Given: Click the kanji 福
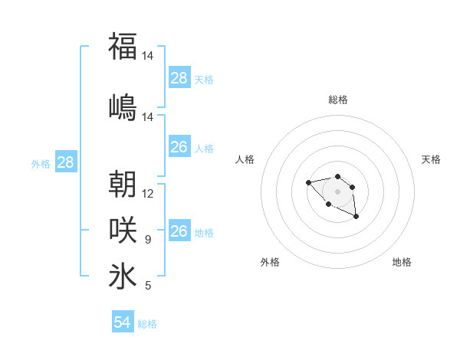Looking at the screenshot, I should (123, 46).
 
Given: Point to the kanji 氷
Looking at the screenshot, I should (123, 276).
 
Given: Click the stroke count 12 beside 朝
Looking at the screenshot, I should (148, 194).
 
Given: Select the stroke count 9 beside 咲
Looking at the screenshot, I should (148, 240).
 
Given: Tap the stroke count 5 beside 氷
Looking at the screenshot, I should (148, 286).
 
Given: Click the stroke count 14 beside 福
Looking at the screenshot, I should (148, 56).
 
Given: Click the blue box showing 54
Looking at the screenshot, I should (123, 322).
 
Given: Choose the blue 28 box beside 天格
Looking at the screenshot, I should (179, 78).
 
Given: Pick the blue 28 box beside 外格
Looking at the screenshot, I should (65, 162).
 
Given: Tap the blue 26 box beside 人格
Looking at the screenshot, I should (179, 147).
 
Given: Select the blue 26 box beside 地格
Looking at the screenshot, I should (179, 231).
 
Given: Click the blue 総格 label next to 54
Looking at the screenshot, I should (147, 324).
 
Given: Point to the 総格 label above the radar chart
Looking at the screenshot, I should (337, 100).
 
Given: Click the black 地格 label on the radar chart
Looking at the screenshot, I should (402, 262).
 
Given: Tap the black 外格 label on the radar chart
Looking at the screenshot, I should (270, 262).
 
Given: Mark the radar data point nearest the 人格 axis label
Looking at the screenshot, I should (308, 182).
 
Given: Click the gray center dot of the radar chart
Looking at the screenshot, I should (337, 191).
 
